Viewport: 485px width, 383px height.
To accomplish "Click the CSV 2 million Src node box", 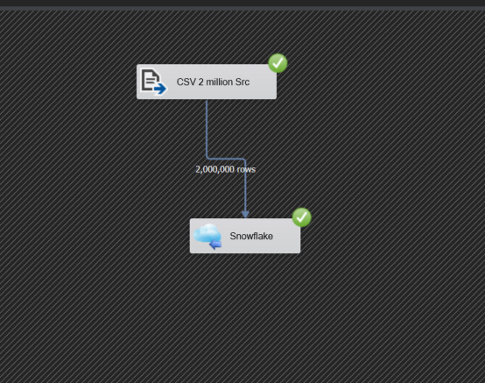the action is (x=207, y=82).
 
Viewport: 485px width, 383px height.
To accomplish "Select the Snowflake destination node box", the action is (x=245, y=236).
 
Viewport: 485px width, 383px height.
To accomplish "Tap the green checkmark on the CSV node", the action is (x=278, y=63).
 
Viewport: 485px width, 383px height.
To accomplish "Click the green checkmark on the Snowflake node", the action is (x=302, y=217).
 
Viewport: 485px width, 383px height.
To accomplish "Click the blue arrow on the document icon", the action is (x=160, y=89).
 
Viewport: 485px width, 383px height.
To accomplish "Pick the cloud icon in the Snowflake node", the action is (x=207, y=236).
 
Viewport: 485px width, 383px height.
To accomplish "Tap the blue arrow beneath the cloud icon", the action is (x=215, y=245).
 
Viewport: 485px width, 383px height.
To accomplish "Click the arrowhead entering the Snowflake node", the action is (x=245, y=214).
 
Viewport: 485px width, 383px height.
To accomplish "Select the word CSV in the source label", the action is (x=186, y=82).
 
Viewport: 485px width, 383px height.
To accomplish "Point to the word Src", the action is (x=242, y=82).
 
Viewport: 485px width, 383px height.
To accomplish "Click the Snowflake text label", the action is (x=251, y=236).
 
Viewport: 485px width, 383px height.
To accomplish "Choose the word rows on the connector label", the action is (x=246, y=170).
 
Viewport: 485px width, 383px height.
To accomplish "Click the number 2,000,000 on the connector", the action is (x=215, y=169).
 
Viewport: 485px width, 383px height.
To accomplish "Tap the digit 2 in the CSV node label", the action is (x=201, y=82).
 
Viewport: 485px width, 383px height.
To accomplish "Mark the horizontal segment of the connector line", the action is (x=226, y=159).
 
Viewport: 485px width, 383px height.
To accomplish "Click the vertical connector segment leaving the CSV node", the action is (x=207, y=129).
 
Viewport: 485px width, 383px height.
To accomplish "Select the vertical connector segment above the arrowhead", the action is (x=246, y=185).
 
